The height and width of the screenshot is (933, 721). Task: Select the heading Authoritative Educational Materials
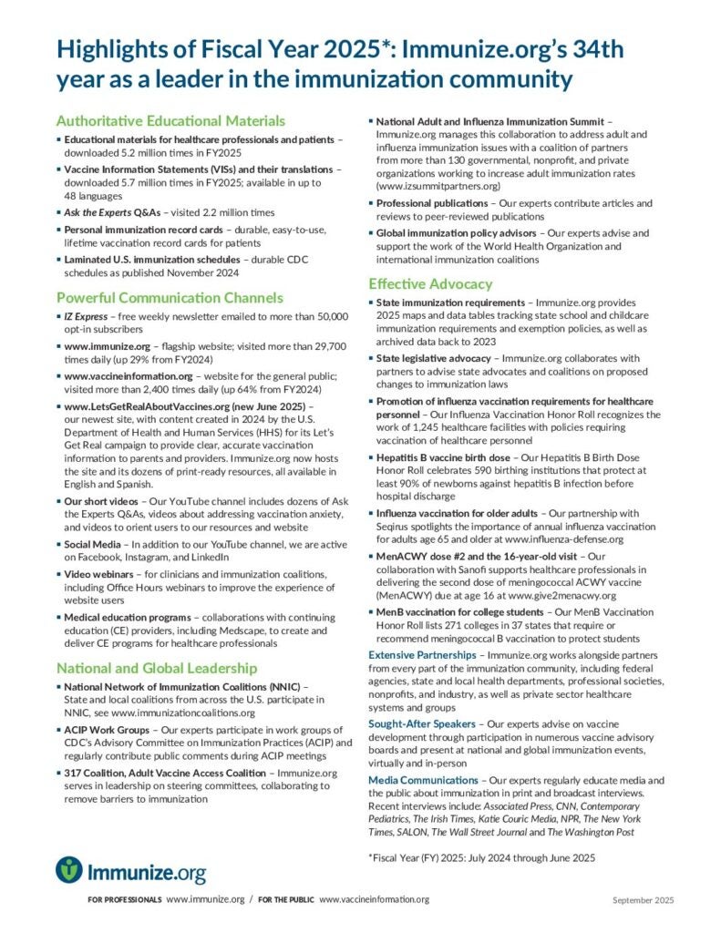pos(170,120)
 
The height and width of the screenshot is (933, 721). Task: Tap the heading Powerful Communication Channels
pos(170,298)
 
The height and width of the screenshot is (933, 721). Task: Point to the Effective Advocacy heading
pos(430,283)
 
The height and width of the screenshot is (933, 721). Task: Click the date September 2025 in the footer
pos(643,900)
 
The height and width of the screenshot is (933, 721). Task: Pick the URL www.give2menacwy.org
pos(540,593)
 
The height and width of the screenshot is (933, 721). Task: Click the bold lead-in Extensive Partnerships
pos(422,655)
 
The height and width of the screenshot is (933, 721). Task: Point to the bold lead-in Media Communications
pos(423,781)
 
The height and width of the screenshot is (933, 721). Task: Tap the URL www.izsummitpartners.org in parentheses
pos(438,185)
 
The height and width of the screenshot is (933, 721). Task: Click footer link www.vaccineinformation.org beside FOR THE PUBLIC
pos(374,899)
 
